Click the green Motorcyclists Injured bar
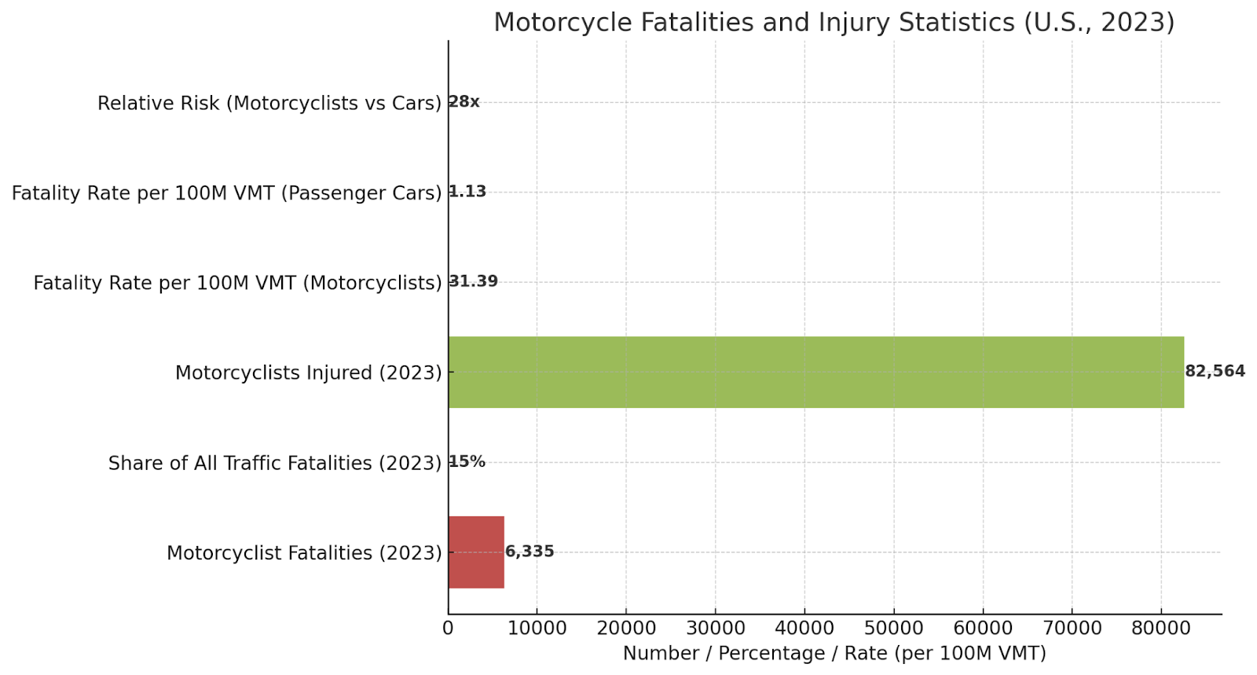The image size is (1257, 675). click(815, 372)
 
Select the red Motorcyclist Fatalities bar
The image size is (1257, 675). click(476, 552)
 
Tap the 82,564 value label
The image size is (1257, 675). click(1215, 372)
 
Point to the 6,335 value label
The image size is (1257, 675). click(530, 552)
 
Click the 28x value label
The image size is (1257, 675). click(464, 102)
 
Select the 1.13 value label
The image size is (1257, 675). click(468, 192)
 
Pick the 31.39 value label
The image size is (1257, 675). click(474, 281)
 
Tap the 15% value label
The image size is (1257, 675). click(467, 462)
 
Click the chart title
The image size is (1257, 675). click(834, 22)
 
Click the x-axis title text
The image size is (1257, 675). click(834, 654)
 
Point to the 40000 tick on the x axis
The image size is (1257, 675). click(804, 629)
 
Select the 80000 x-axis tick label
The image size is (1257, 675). click(1160, 629)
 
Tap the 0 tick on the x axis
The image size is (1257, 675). click(448, 629)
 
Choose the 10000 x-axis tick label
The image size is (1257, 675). click(537, 629)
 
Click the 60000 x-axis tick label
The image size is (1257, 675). click(983, 629)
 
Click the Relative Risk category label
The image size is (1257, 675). click(269, 104)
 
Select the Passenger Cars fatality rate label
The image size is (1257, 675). click(227, 193)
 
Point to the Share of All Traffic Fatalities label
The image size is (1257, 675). click(275, 464)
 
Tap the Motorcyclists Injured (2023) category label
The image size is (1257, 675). click(308, 373)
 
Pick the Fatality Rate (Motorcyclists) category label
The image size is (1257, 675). click(237, 283)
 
